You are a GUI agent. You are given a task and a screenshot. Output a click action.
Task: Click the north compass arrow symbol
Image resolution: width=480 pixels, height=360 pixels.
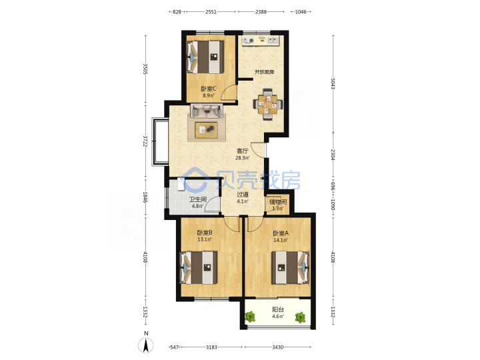(146, 346)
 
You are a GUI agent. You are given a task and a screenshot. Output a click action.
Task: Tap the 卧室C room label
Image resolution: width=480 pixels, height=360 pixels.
(209, 89)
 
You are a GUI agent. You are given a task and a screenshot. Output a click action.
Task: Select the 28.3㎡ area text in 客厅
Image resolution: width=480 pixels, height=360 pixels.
(242, 158)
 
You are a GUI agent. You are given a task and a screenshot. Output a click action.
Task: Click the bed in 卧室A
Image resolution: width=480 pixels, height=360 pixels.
(290, 268)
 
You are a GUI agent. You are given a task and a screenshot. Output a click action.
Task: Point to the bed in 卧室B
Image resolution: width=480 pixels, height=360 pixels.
(199, 267)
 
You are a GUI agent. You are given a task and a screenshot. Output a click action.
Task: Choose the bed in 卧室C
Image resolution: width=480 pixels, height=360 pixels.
(205, 57)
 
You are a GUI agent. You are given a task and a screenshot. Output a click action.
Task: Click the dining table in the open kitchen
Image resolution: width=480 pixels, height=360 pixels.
(268, 105)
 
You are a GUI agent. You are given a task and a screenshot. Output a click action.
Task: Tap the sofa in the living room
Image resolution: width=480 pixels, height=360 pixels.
(207, 111)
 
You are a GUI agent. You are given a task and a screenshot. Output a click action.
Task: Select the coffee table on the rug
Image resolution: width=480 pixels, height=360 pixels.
(206, 129)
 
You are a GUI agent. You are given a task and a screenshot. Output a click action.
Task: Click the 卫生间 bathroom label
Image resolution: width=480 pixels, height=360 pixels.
(198, 199)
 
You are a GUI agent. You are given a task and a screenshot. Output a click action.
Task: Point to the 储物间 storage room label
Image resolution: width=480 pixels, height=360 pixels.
(278, 202)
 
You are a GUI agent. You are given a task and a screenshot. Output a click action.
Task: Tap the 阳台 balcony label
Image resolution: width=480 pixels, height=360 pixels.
(278, 309)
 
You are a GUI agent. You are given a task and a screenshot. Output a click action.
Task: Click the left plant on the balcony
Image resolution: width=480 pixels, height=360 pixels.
(250, 317)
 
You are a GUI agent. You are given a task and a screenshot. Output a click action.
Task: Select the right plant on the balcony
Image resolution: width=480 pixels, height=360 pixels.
(300, 317)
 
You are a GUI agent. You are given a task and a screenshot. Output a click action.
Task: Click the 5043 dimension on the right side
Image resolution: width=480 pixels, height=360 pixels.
(333, 84)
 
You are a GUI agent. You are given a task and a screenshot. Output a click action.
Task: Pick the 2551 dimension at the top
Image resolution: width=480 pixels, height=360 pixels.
(211, 12)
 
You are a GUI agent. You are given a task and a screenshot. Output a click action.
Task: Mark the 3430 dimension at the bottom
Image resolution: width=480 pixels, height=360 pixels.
(277, 347)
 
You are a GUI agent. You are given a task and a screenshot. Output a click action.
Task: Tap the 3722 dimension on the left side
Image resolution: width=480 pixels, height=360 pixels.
(145, 141)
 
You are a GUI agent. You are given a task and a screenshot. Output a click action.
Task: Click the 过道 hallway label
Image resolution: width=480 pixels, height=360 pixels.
(243, 195)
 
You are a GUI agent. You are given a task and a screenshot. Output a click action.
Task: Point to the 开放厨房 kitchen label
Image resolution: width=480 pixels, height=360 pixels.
(264, 72)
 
